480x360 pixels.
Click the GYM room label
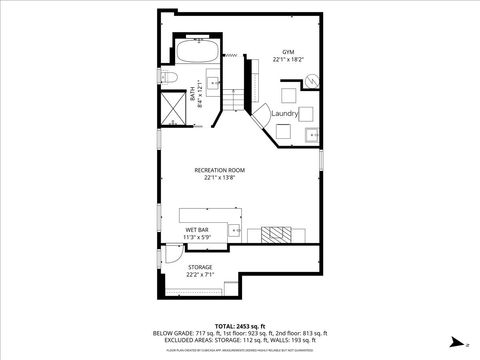point(288,51)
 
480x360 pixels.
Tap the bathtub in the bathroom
point(197,50)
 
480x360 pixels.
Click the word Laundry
point(285,115)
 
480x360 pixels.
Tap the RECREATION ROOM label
point(219,170)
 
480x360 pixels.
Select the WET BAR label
point(197,230)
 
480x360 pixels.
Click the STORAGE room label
point(200,267)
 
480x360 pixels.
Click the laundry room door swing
point(258,118)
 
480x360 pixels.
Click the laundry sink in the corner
point(310,133)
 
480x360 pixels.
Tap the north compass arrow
point(455,340)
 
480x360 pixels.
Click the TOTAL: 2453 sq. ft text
point(239,326)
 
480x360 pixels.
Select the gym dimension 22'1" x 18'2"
point(288,60)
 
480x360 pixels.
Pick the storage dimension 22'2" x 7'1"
point(200,275)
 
